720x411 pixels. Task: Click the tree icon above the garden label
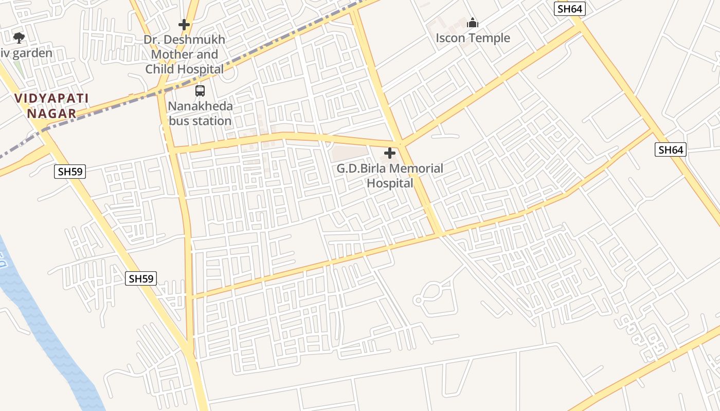coord(19,38)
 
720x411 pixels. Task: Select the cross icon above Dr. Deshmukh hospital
coord(184,24)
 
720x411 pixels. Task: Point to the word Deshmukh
coord(197,40)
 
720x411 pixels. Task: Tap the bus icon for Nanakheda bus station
coord(200,91)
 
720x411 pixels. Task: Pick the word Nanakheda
coord(201,106)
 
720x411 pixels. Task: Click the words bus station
coord(201,121)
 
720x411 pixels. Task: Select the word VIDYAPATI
coord(51,98)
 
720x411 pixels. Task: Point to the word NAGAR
coord(51,114)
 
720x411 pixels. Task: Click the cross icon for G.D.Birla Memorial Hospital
coord(390,153)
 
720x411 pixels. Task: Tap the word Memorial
coord(417,169)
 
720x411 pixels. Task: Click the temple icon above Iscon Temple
coord(473,23)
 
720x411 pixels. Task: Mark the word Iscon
coord(451,38)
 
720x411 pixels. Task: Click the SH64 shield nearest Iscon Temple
coord(570,9)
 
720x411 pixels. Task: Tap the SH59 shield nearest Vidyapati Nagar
coord(70,172)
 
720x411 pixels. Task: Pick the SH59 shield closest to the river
coord(141,279)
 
